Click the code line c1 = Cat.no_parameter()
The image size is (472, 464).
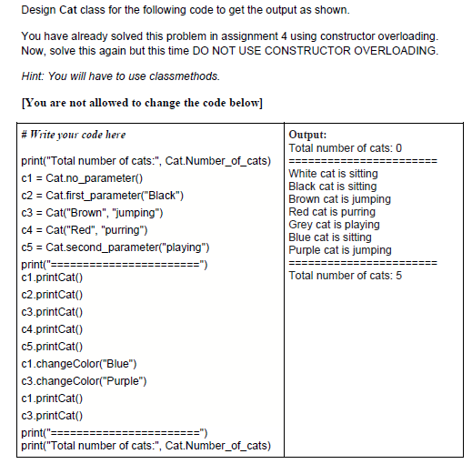pos(82,177)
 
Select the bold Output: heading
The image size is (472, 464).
pos(307,135)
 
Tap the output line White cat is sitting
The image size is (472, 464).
pos(333,173)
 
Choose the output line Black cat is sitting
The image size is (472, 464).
pos(333,186)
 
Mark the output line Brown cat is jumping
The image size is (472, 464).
pos(339,198)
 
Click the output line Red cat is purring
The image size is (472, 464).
pos(331,211)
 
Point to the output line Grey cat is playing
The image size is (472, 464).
pos(334,224)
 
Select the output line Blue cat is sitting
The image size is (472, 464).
pos(329,237)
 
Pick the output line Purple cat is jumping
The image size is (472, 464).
pos(340,249)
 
